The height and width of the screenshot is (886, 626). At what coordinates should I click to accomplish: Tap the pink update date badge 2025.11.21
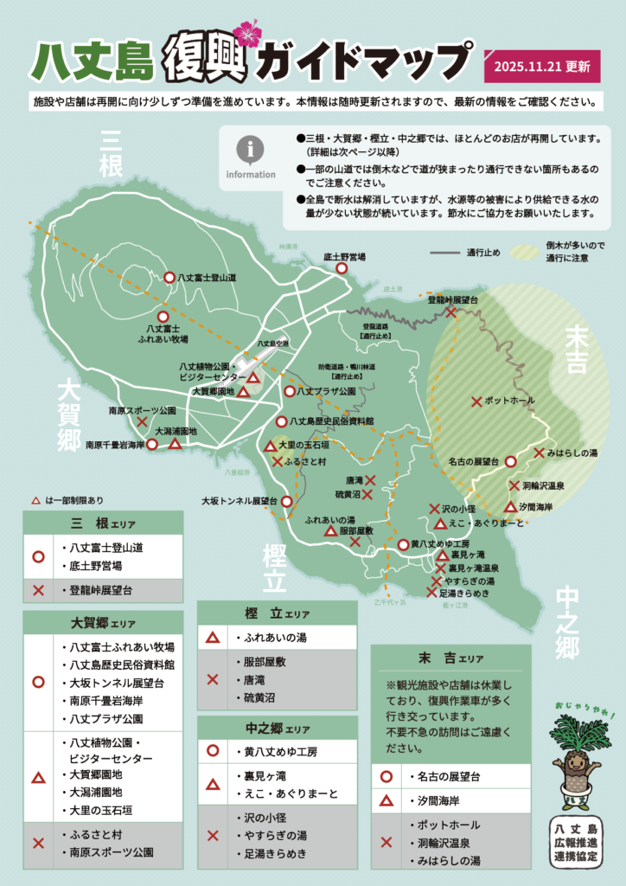coord(542,66)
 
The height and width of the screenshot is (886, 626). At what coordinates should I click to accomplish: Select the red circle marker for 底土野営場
coord(342,268)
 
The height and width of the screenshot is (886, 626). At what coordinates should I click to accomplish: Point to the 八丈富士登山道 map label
coord(208,278)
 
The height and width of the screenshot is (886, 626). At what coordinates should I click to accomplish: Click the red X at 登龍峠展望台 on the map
coord(451,311)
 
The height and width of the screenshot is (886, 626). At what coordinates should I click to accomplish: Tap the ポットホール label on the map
coord(509,401)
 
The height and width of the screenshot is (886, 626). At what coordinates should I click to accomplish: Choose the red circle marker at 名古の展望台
coord(510,462)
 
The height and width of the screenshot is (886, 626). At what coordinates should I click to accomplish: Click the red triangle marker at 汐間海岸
coord(510,506)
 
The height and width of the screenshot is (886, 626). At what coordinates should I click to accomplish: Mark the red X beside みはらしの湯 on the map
coord(539,453)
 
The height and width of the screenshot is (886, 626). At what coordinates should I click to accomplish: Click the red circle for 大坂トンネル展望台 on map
coord(286,500)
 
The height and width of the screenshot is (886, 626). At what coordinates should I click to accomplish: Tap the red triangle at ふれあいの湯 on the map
coord(330,531)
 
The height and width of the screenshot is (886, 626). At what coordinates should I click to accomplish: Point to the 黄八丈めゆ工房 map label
coord(440,544)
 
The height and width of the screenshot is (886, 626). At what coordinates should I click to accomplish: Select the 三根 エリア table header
coord(103,523)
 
